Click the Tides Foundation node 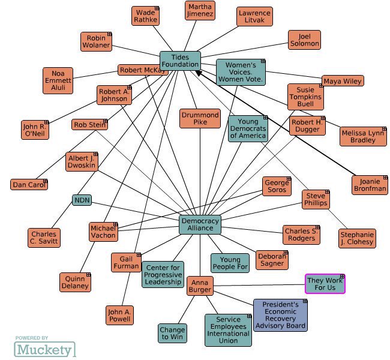tap(180, 61)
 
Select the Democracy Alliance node tap(200, 224)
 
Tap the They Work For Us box tap(325, 284)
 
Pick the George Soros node tap(277, 186)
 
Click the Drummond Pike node tap(200, 118)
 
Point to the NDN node tap(82, 200)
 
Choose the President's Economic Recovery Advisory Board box tap(280, 315)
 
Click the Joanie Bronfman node tap(370, 185)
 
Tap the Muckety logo tap(45, 349)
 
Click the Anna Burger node tap(200, 286)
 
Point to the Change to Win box tap(172, 333)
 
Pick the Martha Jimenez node tap(199, 10)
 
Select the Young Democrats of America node tap(247, 129)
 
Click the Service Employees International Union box tap(228, 330)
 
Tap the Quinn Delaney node tap(75, 282)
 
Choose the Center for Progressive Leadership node tap(163, 274)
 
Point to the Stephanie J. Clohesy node tap(357, 238)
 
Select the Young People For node tap(230, 263)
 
